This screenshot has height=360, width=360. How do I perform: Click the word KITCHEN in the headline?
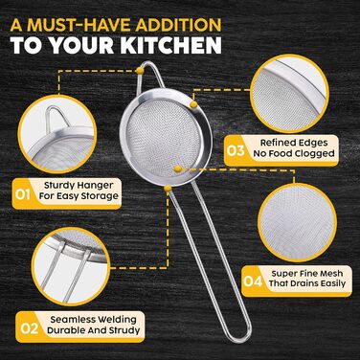click(170, 45)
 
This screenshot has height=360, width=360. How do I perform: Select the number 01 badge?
click(22, 193)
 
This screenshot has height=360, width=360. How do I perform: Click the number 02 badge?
click(30, 328)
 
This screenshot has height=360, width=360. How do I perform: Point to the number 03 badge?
click(236, 150)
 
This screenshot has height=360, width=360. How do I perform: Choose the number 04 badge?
click(253, 281)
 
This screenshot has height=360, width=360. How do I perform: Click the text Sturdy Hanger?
click(79, 186)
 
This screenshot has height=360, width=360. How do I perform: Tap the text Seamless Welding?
click(93, 320)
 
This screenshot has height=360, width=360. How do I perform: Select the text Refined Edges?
click(294, 143)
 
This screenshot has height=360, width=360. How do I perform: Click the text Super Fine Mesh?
click(307, 273)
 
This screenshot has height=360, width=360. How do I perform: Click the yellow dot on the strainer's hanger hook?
click(140, 71)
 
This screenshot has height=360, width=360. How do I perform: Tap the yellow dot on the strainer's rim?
click(193, 104)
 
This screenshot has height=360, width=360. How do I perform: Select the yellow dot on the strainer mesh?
click(178, 169)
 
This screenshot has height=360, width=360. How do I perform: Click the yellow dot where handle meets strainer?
click(168, 189)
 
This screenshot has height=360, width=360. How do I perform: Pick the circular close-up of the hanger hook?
click(57, 134)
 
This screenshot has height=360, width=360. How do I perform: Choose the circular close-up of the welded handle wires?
click(71, 266)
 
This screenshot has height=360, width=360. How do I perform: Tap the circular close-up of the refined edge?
click(289, 94)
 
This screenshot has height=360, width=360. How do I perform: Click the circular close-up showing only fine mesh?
click(297, 222)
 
